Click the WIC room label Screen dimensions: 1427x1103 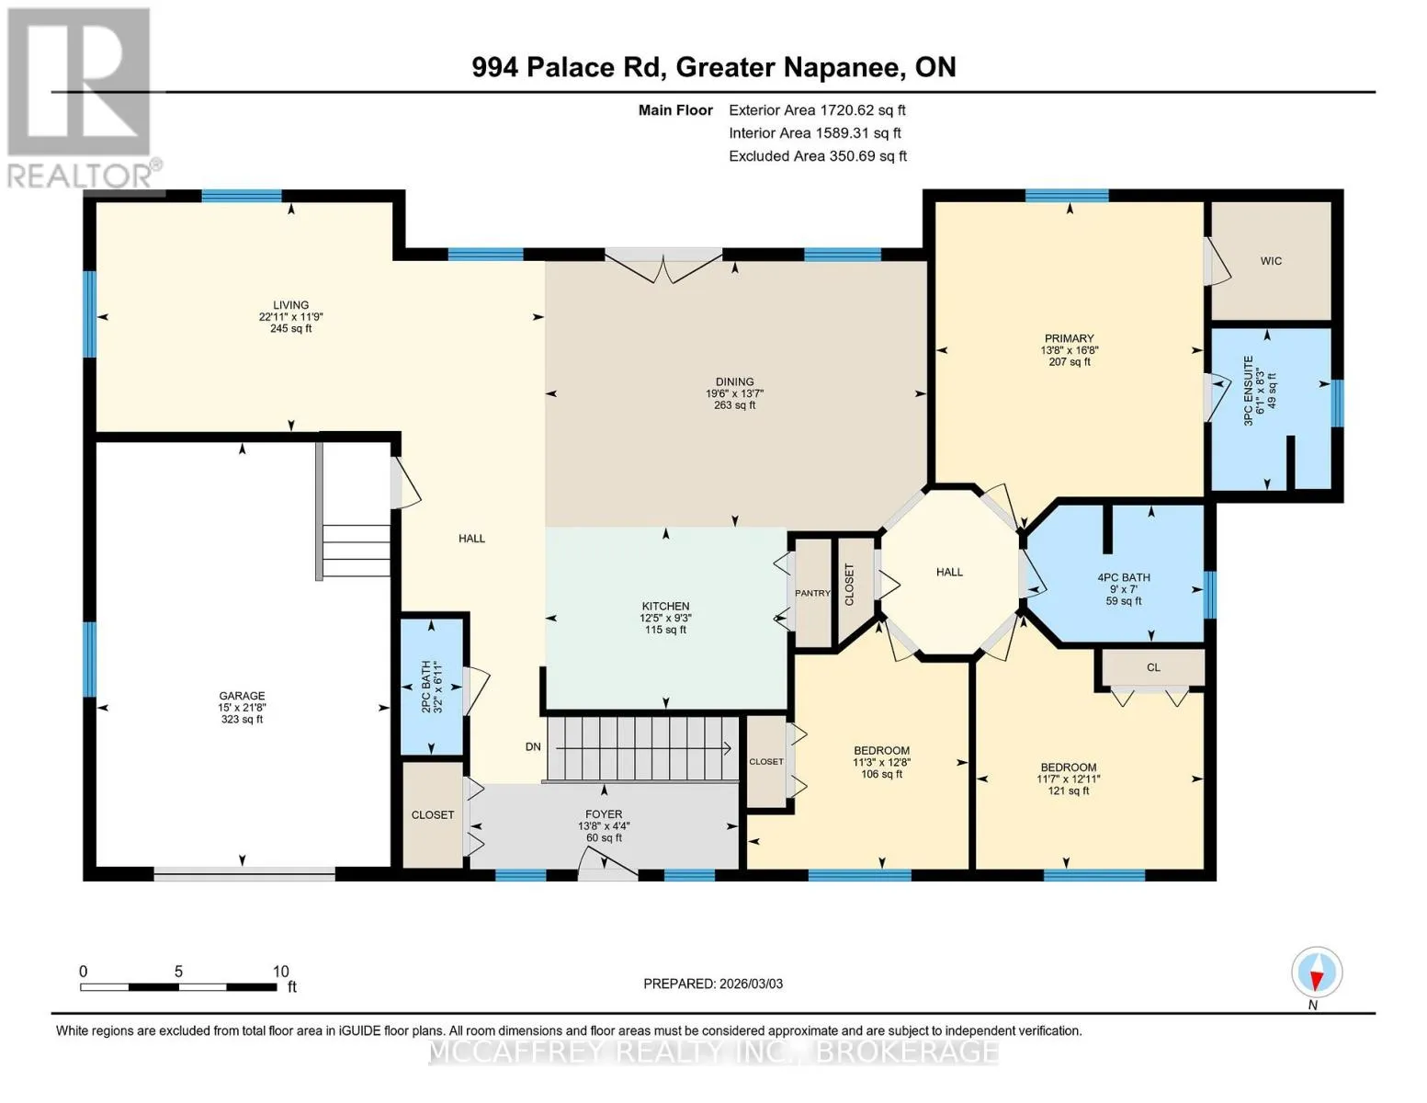(1270, 261)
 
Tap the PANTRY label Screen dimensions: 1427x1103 (812, 593)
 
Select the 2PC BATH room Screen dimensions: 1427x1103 (432, 687)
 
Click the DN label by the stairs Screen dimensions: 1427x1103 (533, 746)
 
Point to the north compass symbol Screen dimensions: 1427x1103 (1316, 972)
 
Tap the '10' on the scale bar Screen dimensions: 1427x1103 (280, 971)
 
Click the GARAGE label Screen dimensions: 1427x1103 (242, 695)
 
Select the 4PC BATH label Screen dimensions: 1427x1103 (1124, 577)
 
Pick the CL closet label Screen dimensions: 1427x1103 (1153, 667)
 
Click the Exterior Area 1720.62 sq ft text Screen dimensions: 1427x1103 (817, 110)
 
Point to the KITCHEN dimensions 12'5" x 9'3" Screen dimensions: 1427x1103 (665, 618)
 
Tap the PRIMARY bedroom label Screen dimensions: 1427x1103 (1069, 338)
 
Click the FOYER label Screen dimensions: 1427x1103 (604, 814)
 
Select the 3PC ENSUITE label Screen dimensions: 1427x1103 (1249, 391)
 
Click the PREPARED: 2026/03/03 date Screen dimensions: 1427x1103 (712, 984)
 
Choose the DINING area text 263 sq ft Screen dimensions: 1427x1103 (734, 405)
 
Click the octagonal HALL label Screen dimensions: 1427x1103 (949, 573)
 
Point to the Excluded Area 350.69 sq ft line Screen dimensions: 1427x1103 (818, 156)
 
